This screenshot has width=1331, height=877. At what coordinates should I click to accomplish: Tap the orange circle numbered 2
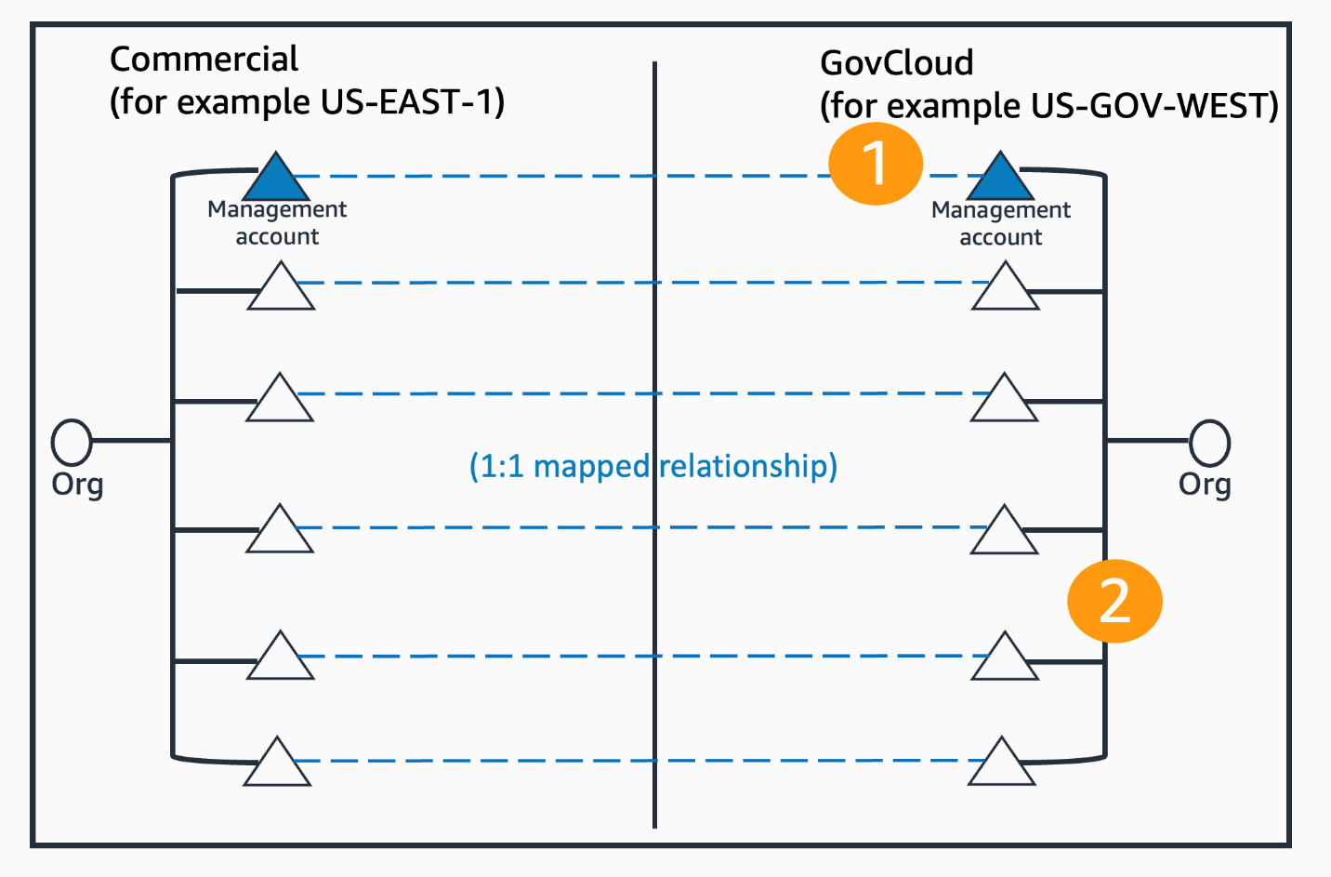tap(1114, 601)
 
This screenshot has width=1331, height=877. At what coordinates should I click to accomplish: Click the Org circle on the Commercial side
tap(72, 442)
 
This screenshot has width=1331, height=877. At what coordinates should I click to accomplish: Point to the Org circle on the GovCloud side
tap(1209, 443)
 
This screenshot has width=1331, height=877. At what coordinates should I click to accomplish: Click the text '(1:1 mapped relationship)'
tap(652, 465)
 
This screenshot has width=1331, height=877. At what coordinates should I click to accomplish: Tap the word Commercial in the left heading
tap(204, 60)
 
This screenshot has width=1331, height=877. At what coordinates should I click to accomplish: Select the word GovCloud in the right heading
tap(896, 63)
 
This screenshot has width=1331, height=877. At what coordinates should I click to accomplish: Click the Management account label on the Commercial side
tap(277, 223)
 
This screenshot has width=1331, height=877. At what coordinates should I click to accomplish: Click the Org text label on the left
tap(77, 485)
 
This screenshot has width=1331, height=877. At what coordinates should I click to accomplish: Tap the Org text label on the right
tap(1205, 485)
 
